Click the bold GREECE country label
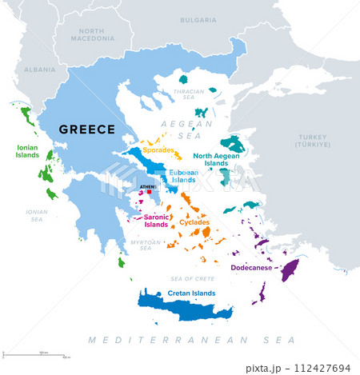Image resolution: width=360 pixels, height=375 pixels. point(87,130)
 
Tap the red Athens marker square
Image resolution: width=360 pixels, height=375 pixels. point(149,192)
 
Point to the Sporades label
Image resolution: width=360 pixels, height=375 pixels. point(158,149)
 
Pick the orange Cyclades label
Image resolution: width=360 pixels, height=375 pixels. point(194,222)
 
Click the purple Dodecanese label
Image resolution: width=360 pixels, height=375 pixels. point(252,269)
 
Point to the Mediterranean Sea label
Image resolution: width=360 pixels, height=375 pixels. point(180,341)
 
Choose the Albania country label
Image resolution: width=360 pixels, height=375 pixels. point(40,70)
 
